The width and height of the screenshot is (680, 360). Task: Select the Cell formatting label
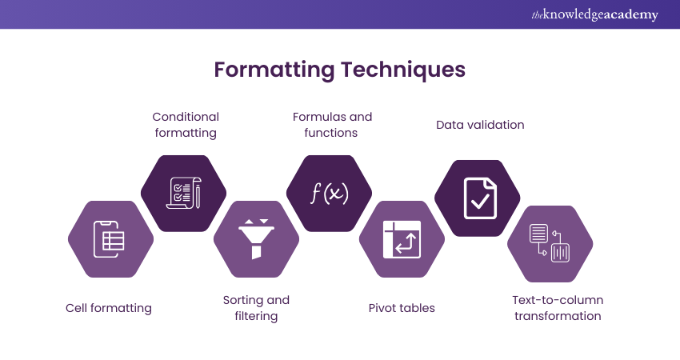[109, 308]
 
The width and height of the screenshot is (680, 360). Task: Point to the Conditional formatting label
[186, 125]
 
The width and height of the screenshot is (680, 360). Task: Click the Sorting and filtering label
[256, 308]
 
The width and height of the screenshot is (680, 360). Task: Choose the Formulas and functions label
[331, 125]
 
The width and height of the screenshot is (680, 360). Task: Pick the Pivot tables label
[402, 308]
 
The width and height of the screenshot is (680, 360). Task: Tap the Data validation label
[480, 125]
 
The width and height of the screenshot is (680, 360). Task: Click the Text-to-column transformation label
[558, 308]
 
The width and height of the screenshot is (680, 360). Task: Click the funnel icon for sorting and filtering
[256, 238]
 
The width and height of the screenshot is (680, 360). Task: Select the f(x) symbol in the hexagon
[330, 193]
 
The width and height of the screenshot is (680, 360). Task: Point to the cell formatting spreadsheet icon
[110, 238]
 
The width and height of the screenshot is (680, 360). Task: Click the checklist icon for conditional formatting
[183, 193]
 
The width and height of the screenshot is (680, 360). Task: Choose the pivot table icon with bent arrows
[402, 238]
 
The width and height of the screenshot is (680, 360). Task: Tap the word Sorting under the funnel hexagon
[243, 300]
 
